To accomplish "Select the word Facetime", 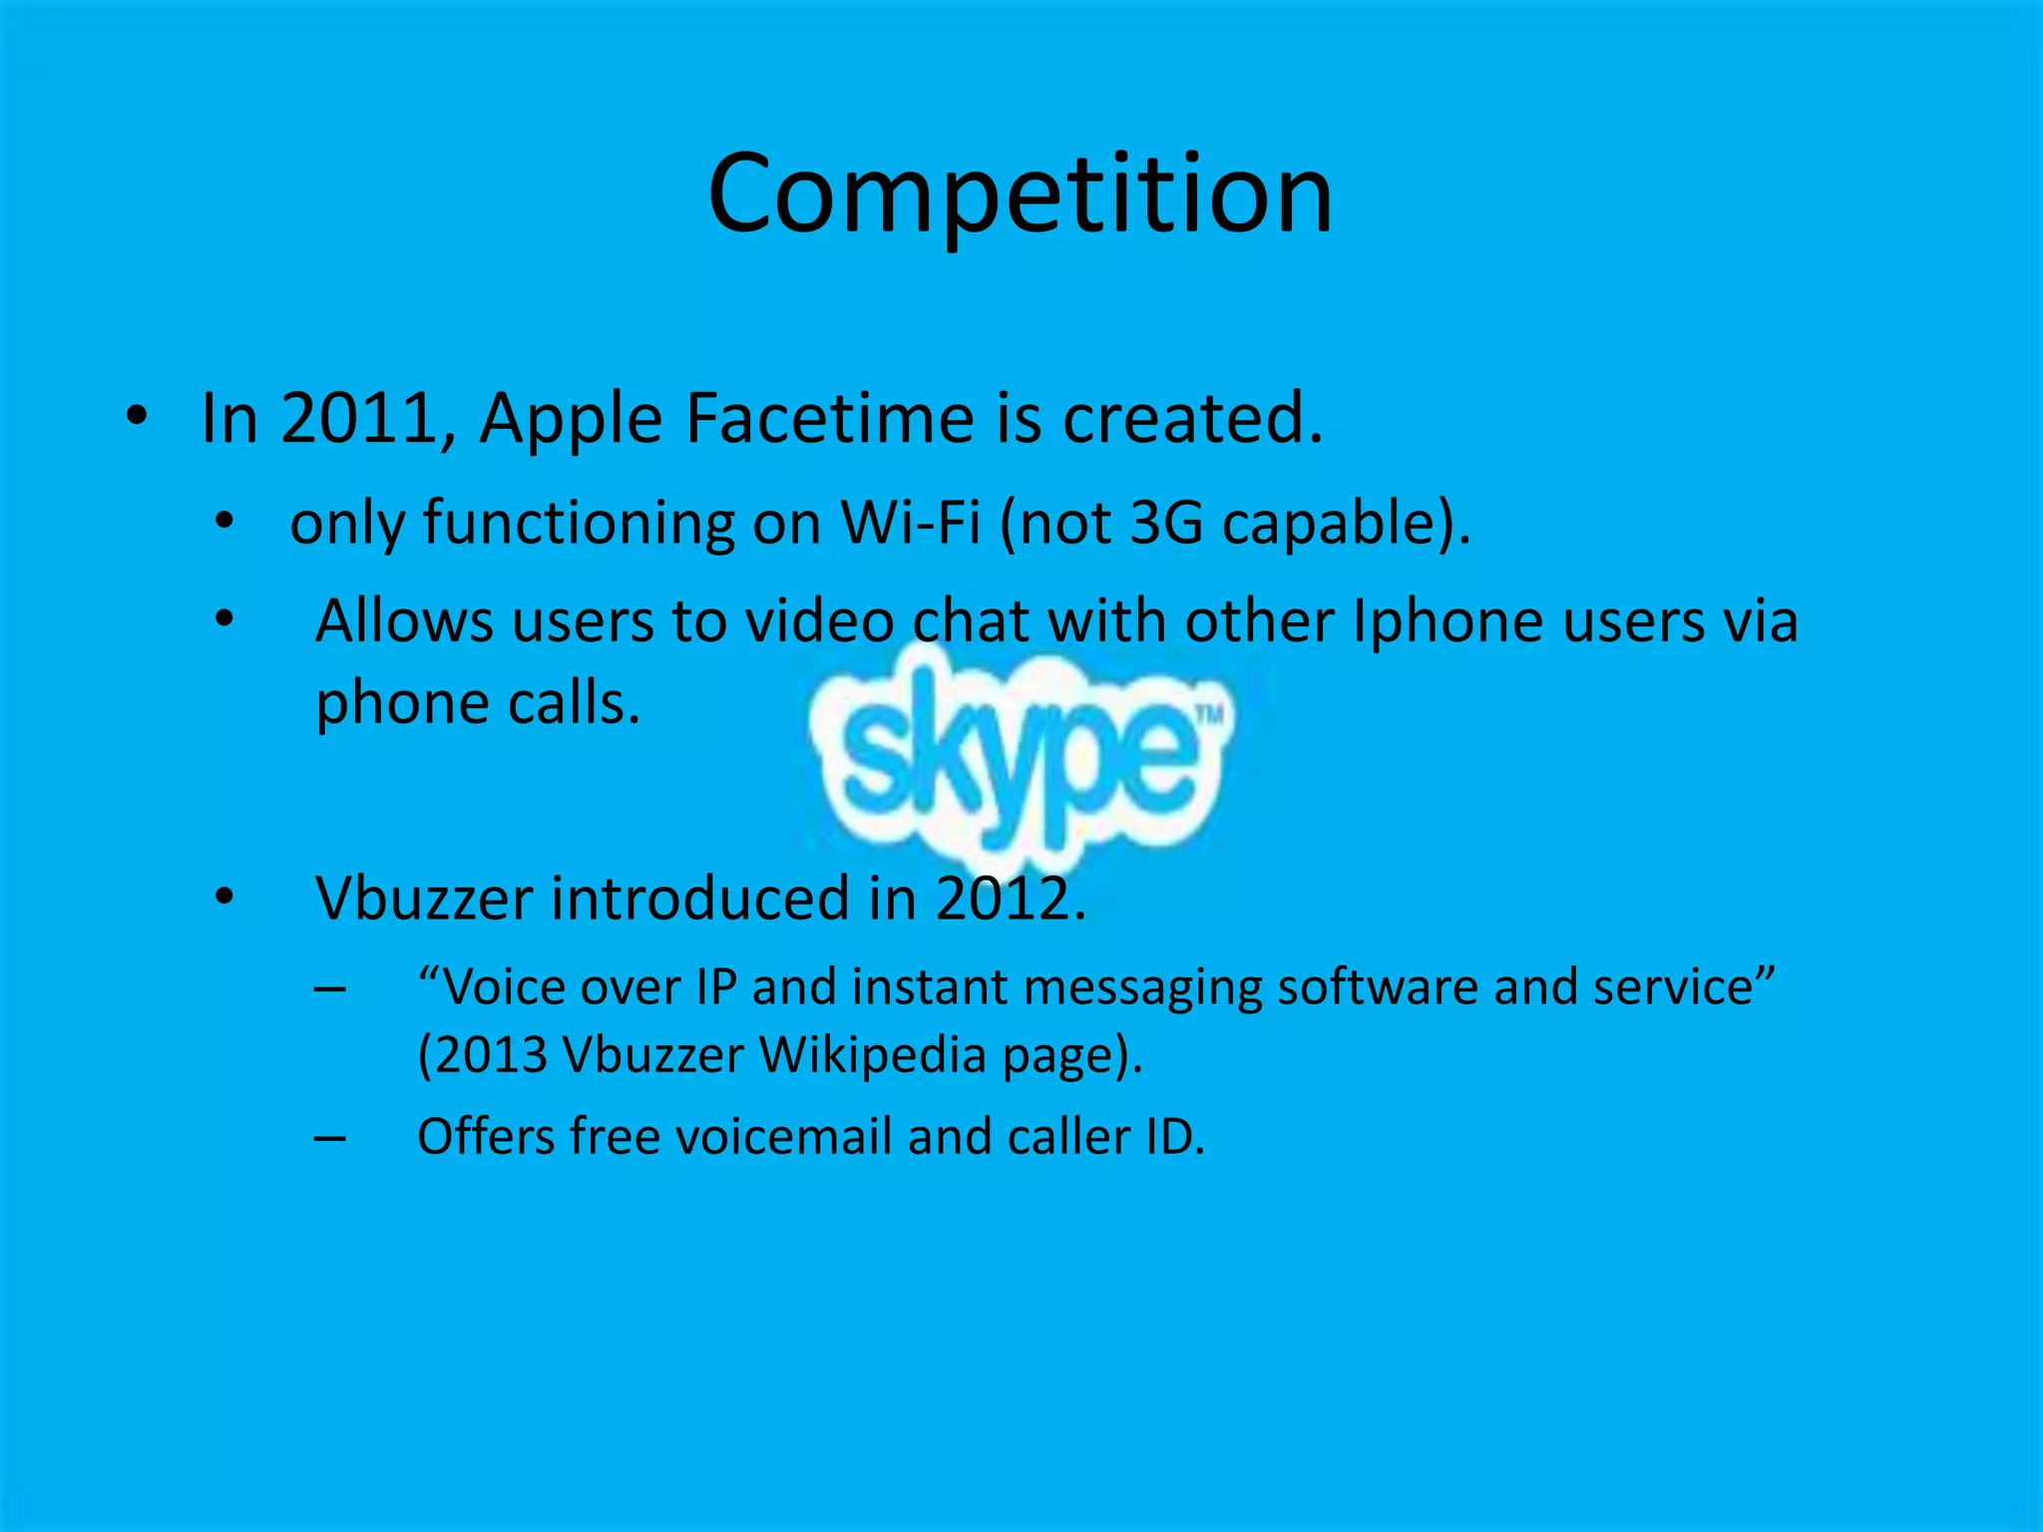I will [829, 418].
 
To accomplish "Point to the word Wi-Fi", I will [911, 522].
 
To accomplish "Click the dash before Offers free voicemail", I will [330, 1138].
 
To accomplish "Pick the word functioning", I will [579, 522].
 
